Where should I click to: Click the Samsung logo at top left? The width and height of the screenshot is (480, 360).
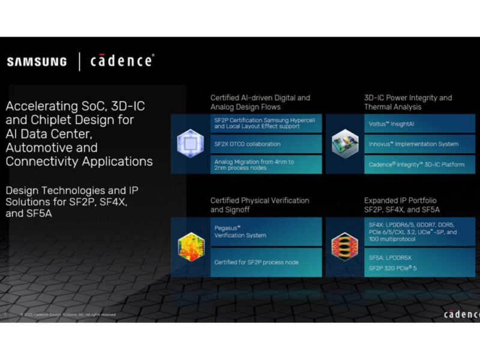37,61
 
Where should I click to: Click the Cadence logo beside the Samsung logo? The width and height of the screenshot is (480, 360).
122,61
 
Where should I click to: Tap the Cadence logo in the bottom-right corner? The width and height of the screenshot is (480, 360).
461,314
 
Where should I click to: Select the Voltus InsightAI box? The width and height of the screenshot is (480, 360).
419,124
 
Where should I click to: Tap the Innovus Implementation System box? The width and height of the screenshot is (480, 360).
419,144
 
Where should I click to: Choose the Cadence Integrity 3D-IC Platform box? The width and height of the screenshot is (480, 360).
419,164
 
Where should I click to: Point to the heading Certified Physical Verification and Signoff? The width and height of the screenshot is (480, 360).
259,205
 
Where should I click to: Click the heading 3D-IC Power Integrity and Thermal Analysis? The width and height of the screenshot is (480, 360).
407,102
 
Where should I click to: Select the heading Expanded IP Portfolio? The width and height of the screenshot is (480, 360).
401,200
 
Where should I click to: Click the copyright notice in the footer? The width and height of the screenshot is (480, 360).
67,314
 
